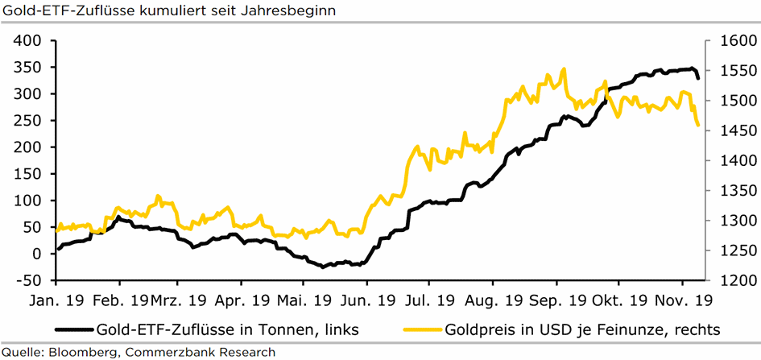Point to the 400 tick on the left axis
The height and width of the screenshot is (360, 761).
click(29, 40)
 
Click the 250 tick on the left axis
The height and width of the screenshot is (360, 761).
click(29, 120)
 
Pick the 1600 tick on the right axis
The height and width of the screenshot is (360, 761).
click(730, 40)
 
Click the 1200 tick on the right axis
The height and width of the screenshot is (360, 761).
click(730, 281)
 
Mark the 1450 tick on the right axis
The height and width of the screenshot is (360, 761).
click(730, 130)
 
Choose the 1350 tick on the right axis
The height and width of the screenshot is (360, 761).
click(730, 191)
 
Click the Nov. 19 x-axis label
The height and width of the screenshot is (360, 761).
click(681, 300)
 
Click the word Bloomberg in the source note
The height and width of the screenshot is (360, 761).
click(84, 352)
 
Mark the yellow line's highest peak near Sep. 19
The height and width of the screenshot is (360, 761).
click(564, 69)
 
